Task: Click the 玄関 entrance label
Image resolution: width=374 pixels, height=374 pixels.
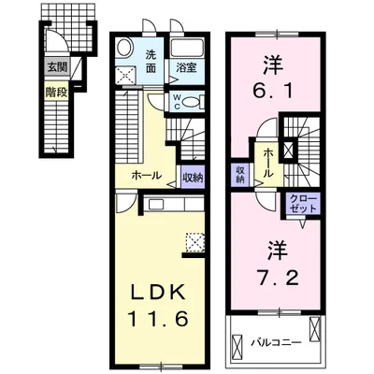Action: (57, 66)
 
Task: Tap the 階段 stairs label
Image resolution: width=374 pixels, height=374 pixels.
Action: (56, 93)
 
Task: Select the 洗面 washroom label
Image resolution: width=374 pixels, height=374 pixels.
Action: (151, 61)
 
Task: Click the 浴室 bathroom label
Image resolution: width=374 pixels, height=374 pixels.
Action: (186, 67)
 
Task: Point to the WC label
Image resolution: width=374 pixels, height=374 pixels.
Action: (177, 101)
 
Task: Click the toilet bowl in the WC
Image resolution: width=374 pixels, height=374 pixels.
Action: (191, 102)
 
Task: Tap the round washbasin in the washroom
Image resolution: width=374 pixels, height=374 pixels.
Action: (125, 48)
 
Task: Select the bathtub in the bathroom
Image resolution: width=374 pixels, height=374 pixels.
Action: (187, 48)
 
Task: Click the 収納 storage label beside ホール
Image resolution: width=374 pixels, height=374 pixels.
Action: (193, 178)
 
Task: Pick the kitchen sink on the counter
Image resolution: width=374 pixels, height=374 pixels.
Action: (156, 204)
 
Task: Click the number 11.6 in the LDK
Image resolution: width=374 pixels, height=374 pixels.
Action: (158, 319)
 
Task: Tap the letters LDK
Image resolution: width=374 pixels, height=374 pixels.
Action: (158, 294)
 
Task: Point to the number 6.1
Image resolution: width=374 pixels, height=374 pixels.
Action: (274, 92)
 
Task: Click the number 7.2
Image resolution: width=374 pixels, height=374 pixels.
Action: (278, 278)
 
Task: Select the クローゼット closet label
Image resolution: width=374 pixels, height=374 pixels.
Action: (303, 203)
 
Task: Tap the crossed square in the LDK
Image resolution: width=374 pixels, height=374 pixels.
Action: (194, 241)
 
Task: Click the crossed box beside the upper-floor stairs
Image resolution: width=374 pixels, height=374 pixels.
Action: (289, 150)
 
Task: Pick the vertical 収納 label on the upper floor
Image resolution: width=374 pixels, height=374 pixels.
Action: (239, 175)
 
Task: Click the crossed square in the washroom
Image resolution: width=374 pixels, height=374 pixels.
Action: (126, 75)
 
